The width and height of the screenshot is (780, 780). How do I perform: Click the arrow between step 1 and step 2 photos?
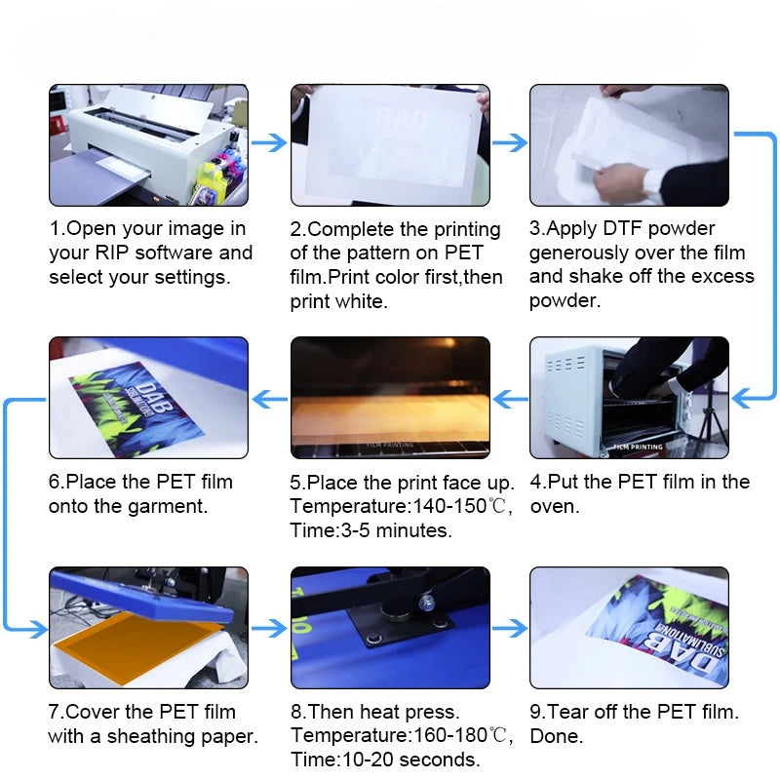pyautogui.click(x=269, y=143)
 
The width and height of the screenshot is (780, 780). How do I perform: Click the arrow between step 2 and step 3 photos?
pyautogui.click(x=509, y=143)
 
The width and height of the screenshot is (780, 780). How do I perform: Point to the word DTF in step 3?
pyautogui.click(x=622, y=229)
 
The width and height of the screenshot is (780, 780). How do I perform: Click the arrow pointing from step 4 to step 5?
pyautogui.click(x=510, y=398)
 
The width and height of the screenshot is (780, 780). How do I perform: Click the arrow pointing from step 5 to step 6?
pyautogui.click(x=270, y=398)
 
